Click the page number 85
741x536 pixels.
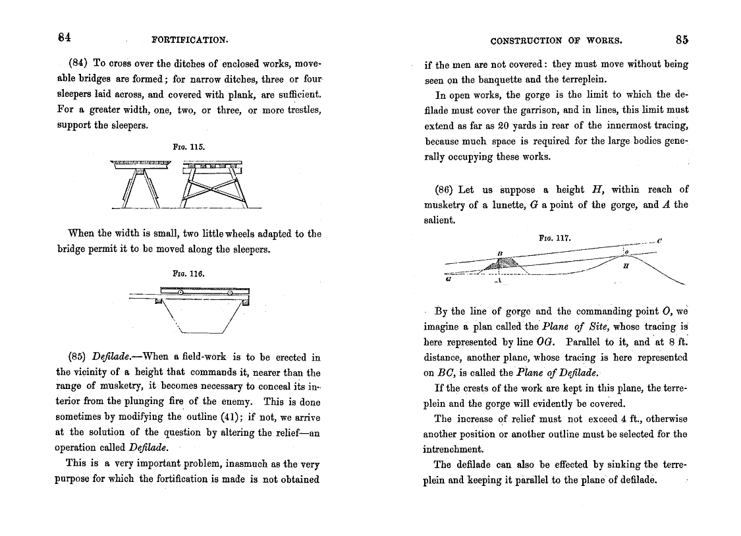click(x=682, y=39)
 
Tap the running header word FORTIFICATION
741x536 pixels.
click(x=190, y=40)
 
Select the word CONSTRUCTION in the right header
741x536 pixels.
click(x=526, y=40)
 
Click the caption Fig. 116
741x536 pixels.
click(x=189, y=272)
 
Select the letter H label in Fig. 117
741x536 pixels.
click(x=625, y=266)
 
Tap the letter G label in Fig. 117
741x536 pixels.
click(x=448, y=279)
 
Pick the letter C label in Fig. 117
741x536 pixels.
click(x=659, y=241)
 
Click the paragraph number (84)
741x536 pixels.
click(x=79, y=64)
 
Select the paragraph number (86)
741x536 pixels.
click(x=446, y=190)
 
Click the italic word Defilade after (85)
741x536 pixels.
click(x=115, y=358)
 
